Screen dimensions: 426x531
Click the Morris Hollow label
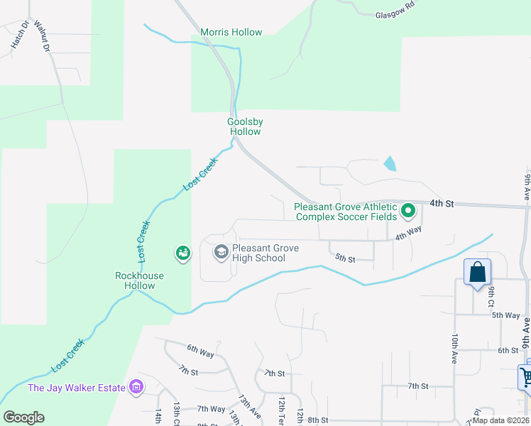(231, 32)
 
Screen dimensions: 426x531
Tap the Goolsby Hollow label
(244, 126)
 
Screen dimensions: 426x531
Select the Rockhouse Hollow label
(140, 280)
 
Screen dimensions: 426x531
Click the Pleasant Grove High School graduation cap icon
(221, 252)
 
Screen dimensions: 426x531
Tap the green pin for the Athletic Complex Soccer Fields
(408, 211)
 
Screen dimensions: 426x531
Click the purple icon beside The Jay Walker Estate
(136, 388)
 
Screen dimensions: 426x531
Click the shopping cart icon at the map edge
(526, 377)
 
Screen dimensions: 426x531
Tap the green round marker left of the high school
(182, 253)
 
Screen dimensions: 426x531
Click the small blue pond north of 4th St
(390, 163)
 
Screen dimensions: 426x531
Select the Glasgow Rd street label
(395, 13)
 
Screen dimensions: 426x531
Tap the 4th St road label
(442, 204)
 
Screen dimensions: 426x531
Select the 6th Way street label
(201, 349)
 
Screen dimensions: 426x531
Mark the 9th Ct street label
(491, 297)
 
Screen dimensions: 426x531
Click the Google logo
(24, 417)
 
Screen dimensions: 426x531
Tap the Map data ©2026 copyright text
(500, 420)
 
